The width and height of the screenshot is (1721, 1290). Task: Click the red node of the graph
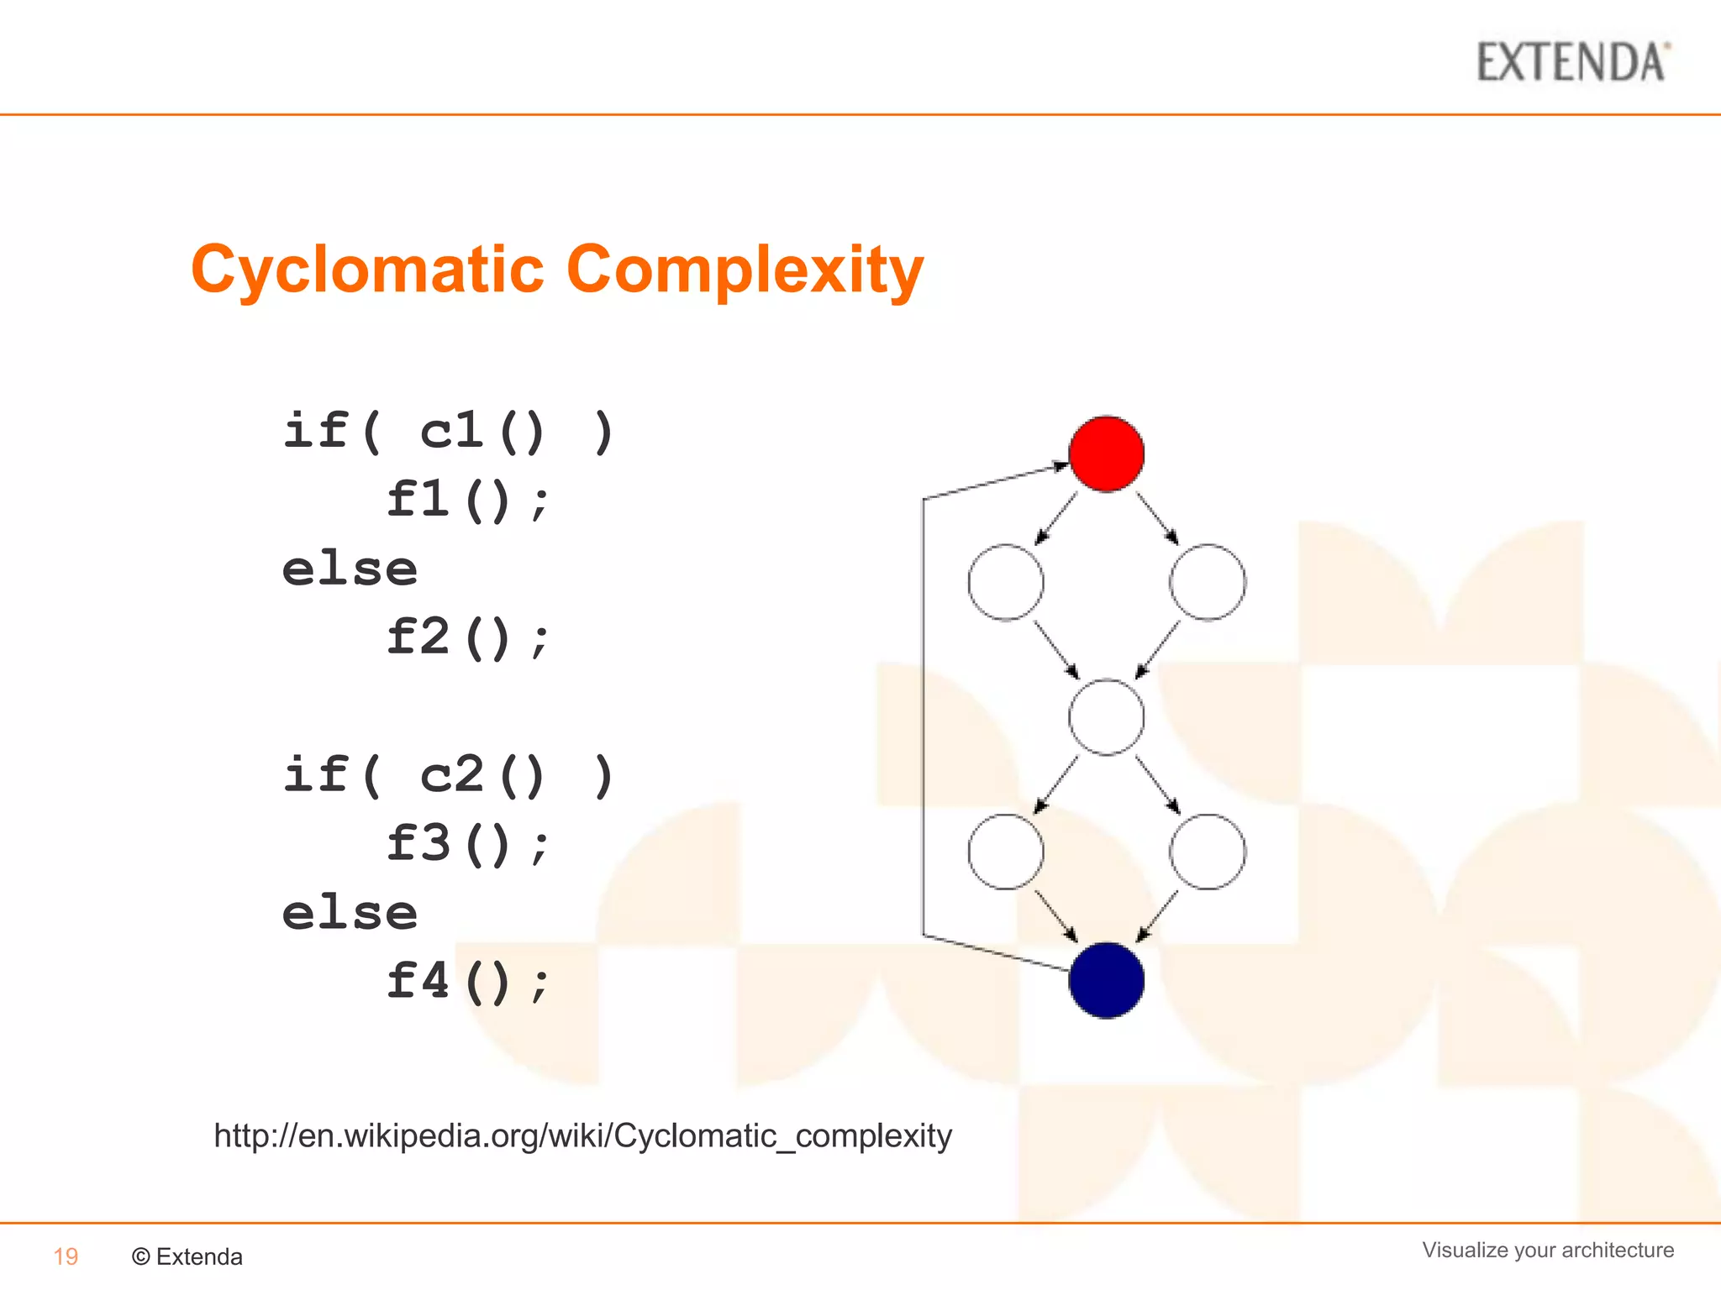click(x=1106, y=454)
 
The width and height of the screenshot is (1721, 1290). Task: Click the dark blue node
click(x=1106, y=980)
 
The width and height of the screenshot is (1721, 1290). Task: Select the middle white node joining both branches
click(x=1106, y=717)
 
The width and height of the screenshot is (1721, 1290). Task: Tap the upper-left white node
click(x=1005, y=582)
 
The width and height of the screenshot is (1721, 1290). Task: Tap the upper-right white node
click(x=1208, y=582)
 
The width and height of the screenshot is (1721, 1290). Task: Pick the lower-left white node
click(x=1005, y=852)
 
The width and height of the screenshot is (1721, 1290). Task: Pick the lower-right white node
click(x=1208, y=852)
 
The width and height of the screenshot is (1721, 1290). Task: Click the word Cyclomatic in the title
click(x=367, y=270)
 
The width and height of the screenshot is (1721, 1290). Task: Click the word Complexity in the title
click(x=745, y=270)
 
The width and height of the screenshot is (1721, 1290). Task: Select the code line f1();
click(x=467, y=501)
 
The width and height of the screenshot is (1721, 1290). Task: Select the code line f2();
click(x=467, y=637)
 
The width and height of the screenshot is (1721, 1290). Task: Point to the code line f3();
click(x=467, y=844)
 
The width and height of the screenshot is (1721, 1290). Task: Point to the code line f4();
click(x=467, y=981)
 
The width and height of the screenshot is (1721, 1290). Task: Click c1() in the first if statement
click(x=482, y=432)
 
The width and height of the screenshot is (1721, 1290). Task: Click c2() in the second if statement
click(x=482, y=775)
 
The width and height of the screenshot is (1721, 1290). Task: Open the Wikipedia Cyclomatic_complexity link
click(x=582, y=1135)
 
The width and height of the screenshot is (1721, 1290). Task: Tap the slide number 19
click(x=66, y=1256)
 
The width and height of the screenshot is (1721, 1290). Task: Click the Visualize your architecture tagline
click(x=1547, y=1250)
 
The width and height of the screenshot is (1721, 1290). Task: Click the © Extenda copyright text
click(x=187, y=1256)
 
